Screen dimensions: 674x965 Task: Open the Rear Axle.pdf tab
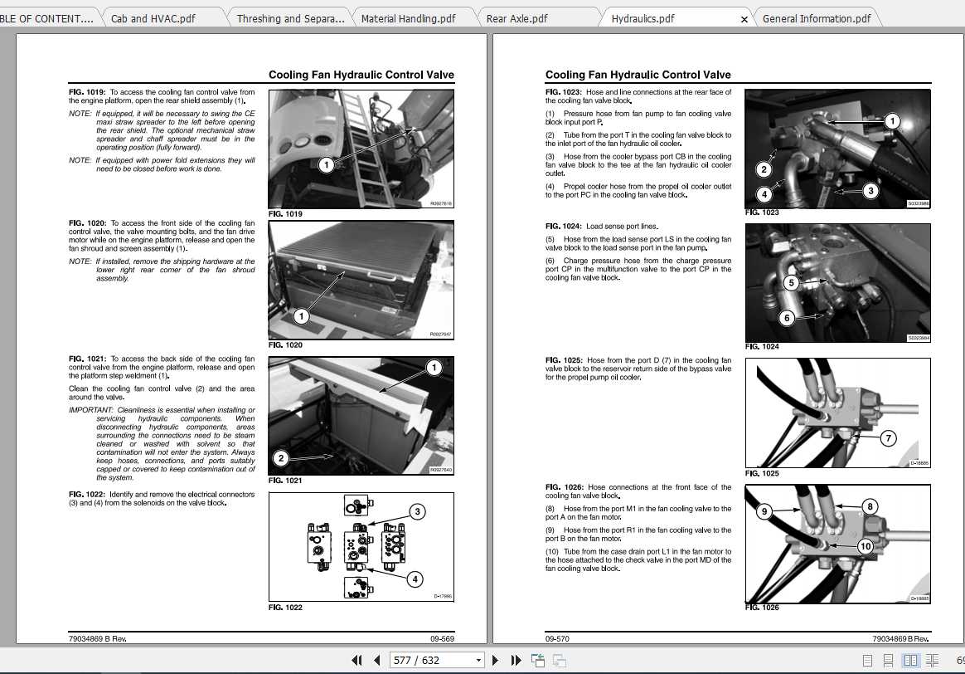516,18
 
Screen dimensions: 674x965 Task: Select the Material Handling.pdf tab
408,18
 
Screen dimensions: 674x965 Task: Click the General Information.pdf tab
816,18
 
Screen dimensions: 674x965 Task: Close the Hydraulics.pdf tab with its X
744,19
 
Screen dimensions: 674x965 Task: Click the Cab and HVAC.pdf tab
153,18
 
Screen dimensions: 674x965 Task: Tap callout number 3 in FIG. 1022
418,512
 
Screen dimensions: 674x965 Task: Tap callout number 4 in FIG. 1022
415,579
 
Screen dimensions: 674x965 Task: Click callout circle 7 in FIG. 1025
888,437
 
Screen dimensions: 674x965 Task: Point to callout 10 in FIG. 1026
865,545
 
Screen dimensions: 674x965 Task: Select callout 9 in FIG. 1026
764,511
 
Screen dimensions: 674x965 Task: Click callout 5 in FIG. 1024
791,283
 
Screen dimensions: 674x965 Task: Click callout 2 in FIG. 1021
281,458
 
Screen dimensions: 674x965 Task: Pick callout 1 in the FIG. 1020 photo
301,316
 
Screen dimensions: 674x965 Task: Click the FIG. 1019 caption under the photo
285,214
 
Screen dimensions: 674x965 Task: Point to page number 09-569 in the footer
442,639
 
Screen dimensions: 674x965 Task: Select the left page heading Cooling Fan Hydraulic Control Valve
361,75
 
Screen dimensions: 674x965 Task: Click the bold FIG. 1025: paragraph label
564,360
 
